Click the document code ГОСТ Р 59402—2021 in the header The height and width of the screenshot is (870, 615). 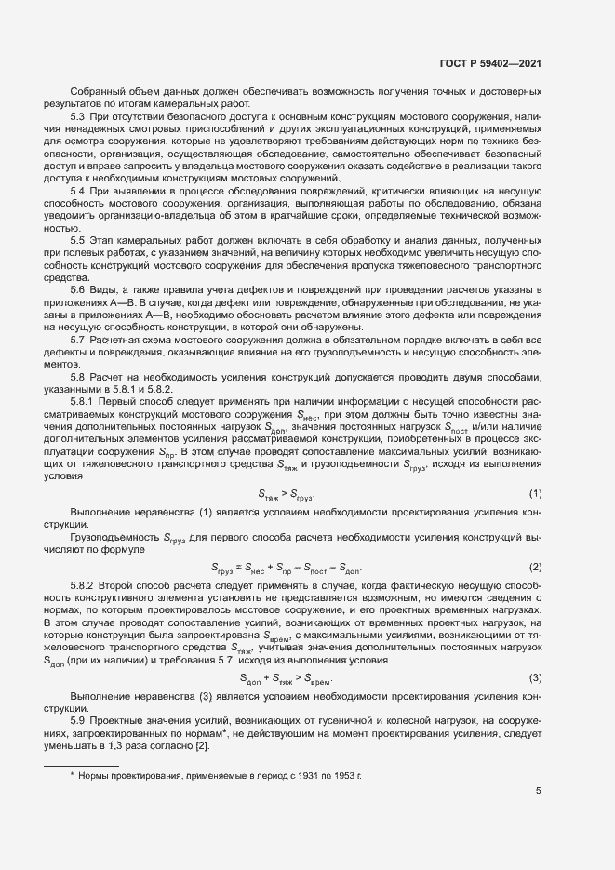(x=489, y=63)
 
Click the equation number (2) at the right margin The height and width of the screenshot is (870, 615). (x=535, y=568)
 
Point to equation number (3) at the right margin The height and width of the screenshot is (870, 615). (x=535, y=677)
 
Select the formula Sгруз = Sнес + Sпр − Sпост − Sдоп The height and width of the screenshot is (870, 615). (x=287, y=569)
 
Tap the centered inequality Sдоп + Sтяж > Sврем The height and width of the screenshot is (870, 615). (x=287, y=678)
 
